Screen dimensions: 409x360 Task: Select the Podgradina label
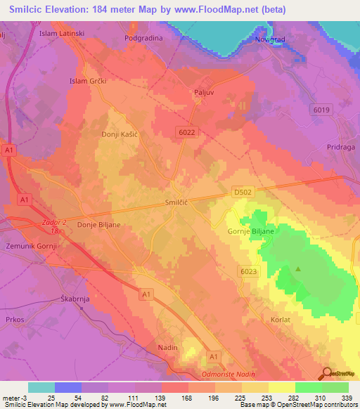click(143, 39)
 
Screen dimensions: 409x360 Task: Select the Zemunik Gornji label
click(31, 246)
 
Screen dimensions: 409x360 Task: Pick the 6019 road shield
click(321, 110)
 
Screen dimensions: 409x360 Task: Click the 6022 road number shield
click(187, 131)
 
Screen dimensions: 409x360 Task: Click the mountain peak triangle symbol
click(298, 268)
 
